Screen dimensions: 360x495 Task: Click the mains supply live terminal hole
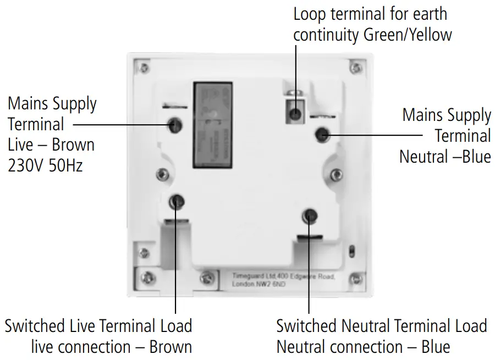click(x=177, y=124)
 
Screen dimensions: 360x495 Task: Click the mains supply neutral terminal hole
click(x=322, y=134)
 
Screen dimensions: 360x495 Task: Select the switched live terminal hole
click(x=177, y=202)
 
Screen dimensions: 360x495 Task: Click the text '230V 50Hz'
click(x=45, y=165)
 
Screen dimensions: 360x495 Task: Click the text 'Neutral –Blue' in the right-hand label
click(x=444, y=157)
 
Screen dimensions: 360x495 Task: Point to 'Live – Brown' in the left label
click(x=51, y=145)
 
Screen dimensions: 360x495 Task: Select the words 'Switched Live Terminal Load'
click(x=98, y=325)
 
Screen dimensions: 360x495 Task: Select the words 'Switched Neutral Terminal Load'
click(x=381, y=325)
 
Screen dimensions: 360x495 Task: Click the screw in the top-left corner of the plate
click(x=144, y=68)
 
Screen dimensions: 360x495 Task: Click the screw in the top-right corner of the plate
click(x=356, y=68)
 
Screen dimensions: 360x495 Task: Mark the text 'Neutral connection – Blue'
click(x=363, y=347)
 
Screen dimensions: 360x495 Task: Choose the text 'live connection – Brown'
click(x=111, y=347)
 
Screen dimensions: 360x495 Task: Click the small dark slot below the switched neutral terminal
click(x=310, y=237)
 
